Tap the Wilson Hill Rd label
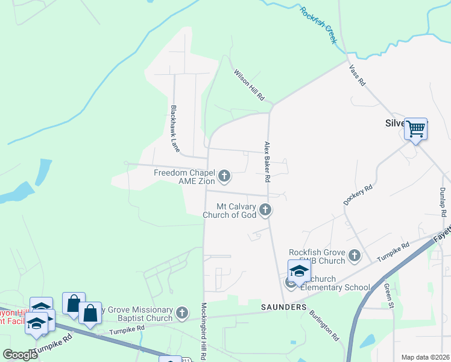250,84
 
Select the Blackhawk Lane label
174,129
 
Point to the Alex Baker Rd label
266,162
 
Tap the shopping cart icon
415,129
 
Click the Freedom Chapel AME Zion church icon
224,176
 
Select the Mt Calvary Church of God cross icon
265,210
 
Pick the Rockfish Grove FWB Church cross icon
354,256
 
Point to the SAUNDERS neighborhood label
284,307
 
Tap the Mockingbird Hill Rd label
204,332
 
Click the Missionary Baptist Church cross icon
183,313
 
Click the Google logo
20,354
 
